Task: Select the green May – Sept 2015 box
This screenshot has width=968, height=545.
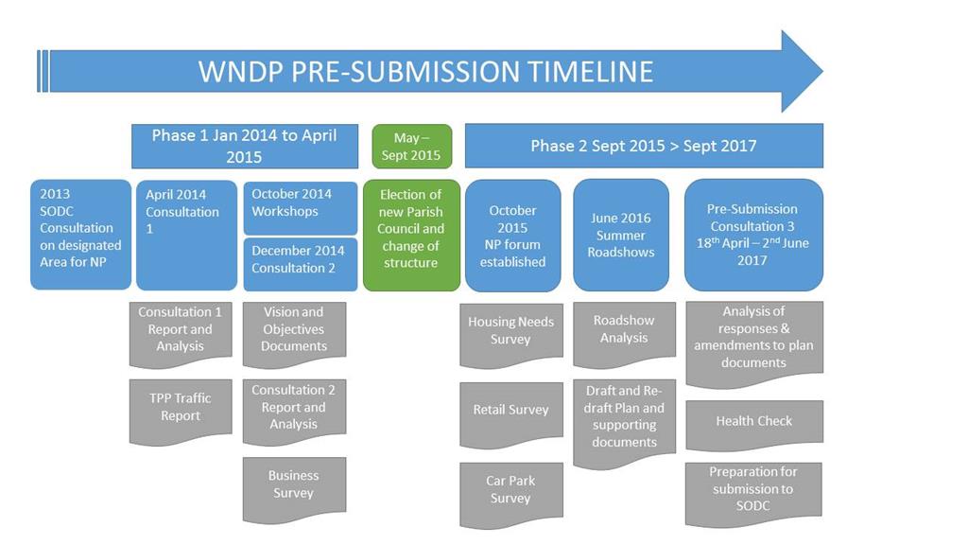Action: pyautogui.click(x=412, y=147)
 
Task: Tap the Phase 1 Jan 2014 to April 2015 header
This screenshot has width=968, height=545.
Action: pyautogui.click(x=245, y=146)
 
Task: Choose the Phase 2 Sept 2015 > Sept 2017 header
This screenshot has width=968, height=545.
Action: pyautogui.click(x=644, y=146)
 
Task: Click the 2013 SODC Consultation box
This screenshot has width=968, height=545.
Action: pyautogui.click(x=81, y=235)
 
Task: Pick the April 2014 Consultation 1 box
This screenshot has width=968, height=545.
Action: pyautogui.click(x=186, y=236)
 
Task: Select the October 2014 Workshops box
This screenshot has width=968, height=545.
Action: pyautogui.click(x=301, y=208)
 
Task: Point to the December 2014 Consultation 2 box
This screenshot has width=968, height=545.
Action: pyautogui.click(x=301, y=264)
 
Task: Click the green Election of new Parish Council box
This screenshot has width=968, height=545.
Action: pyautogui.click(x=412, y=236)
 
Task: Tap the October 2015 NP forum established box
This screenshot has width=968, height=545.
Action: pyautogui.click(x=513, y=236)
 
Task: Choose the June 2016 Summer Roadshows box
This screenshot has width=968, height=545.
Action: pyautogui.click(x=621, y=236)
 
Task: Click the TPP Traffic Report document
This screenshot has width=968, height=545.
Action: pyautogui.click(x=181, y=411)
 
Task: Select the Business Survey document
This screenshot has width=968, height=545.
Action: pyautogui.click(x=295, y=488)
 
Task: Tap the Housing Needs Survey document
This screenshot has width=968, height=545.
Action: pyautogui.click(x=511, y=334)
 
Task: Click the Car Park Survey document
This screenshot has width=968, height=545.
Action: pyautogui.click(x=511, y=494)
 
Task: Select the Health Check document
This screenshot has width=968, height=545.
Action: pyautogui.click(x=754, y=424)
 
